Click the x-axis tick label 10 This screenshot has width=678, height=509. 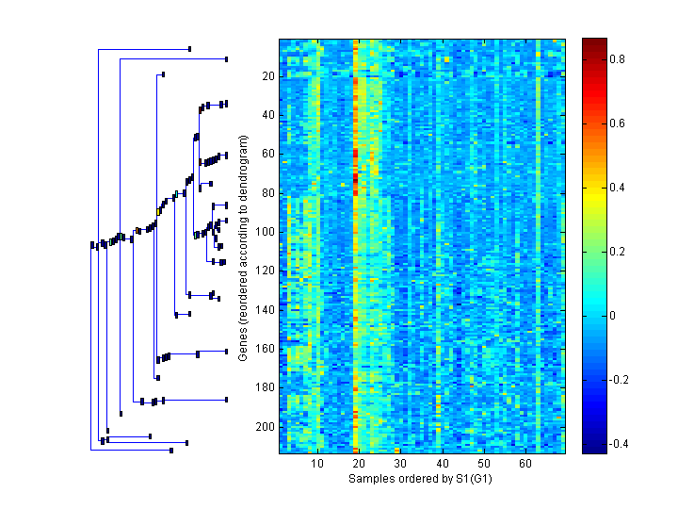pos(317,464)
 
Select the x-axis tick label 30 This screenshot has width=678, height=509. pos(400,464)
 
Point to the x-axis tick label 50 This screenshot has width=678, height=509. pos(483,464)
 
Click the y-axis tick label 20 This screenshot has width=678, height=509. pos(267,75)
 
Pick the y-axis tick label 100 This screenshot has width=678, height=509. pos(265,231)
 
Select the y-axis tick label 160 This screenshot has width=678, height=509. pos(265,348)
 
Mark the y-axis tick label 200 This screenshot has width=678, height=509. pos(265,426)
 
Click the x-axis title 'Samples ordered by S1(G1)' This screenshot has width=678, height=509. pos(420,479)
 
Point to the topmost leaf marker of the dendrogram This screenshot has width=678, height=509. pos(189,49)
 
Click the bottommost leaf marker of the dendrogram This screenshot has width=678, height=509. pos(171,451)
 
